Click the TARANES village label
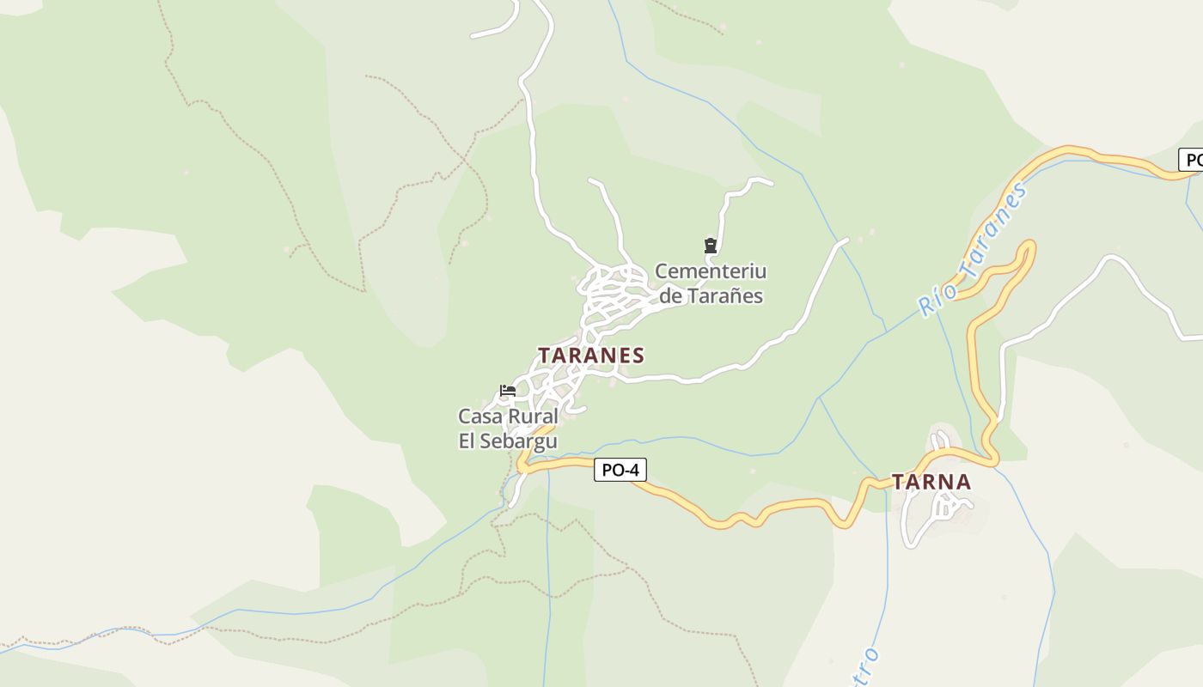pyautogui.click(x=591, y=356)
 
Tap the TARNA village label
pyautogui.click(x=931, y=483)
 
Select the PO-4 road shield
pyautogui.click(x=620, y=470)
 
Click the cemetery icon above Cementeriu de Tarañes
pyautogui.click(x=711, y=246)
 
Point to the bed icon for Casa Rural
pyautogui.click(x=508, y=391)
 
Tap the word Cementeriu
pyautogui.click(x=711, y=272)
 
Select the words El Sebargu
pyautogui.click(x=508, y=441)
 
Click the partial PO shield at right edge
pyautogui.click(x=1191, y=160)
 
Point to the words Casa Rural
pyautogui.click(x=508, y=417)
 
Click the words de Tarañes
pyautogui.click(x=711, y=296)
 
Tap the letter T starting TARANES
pyautogui.click(x=545, y=356)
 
